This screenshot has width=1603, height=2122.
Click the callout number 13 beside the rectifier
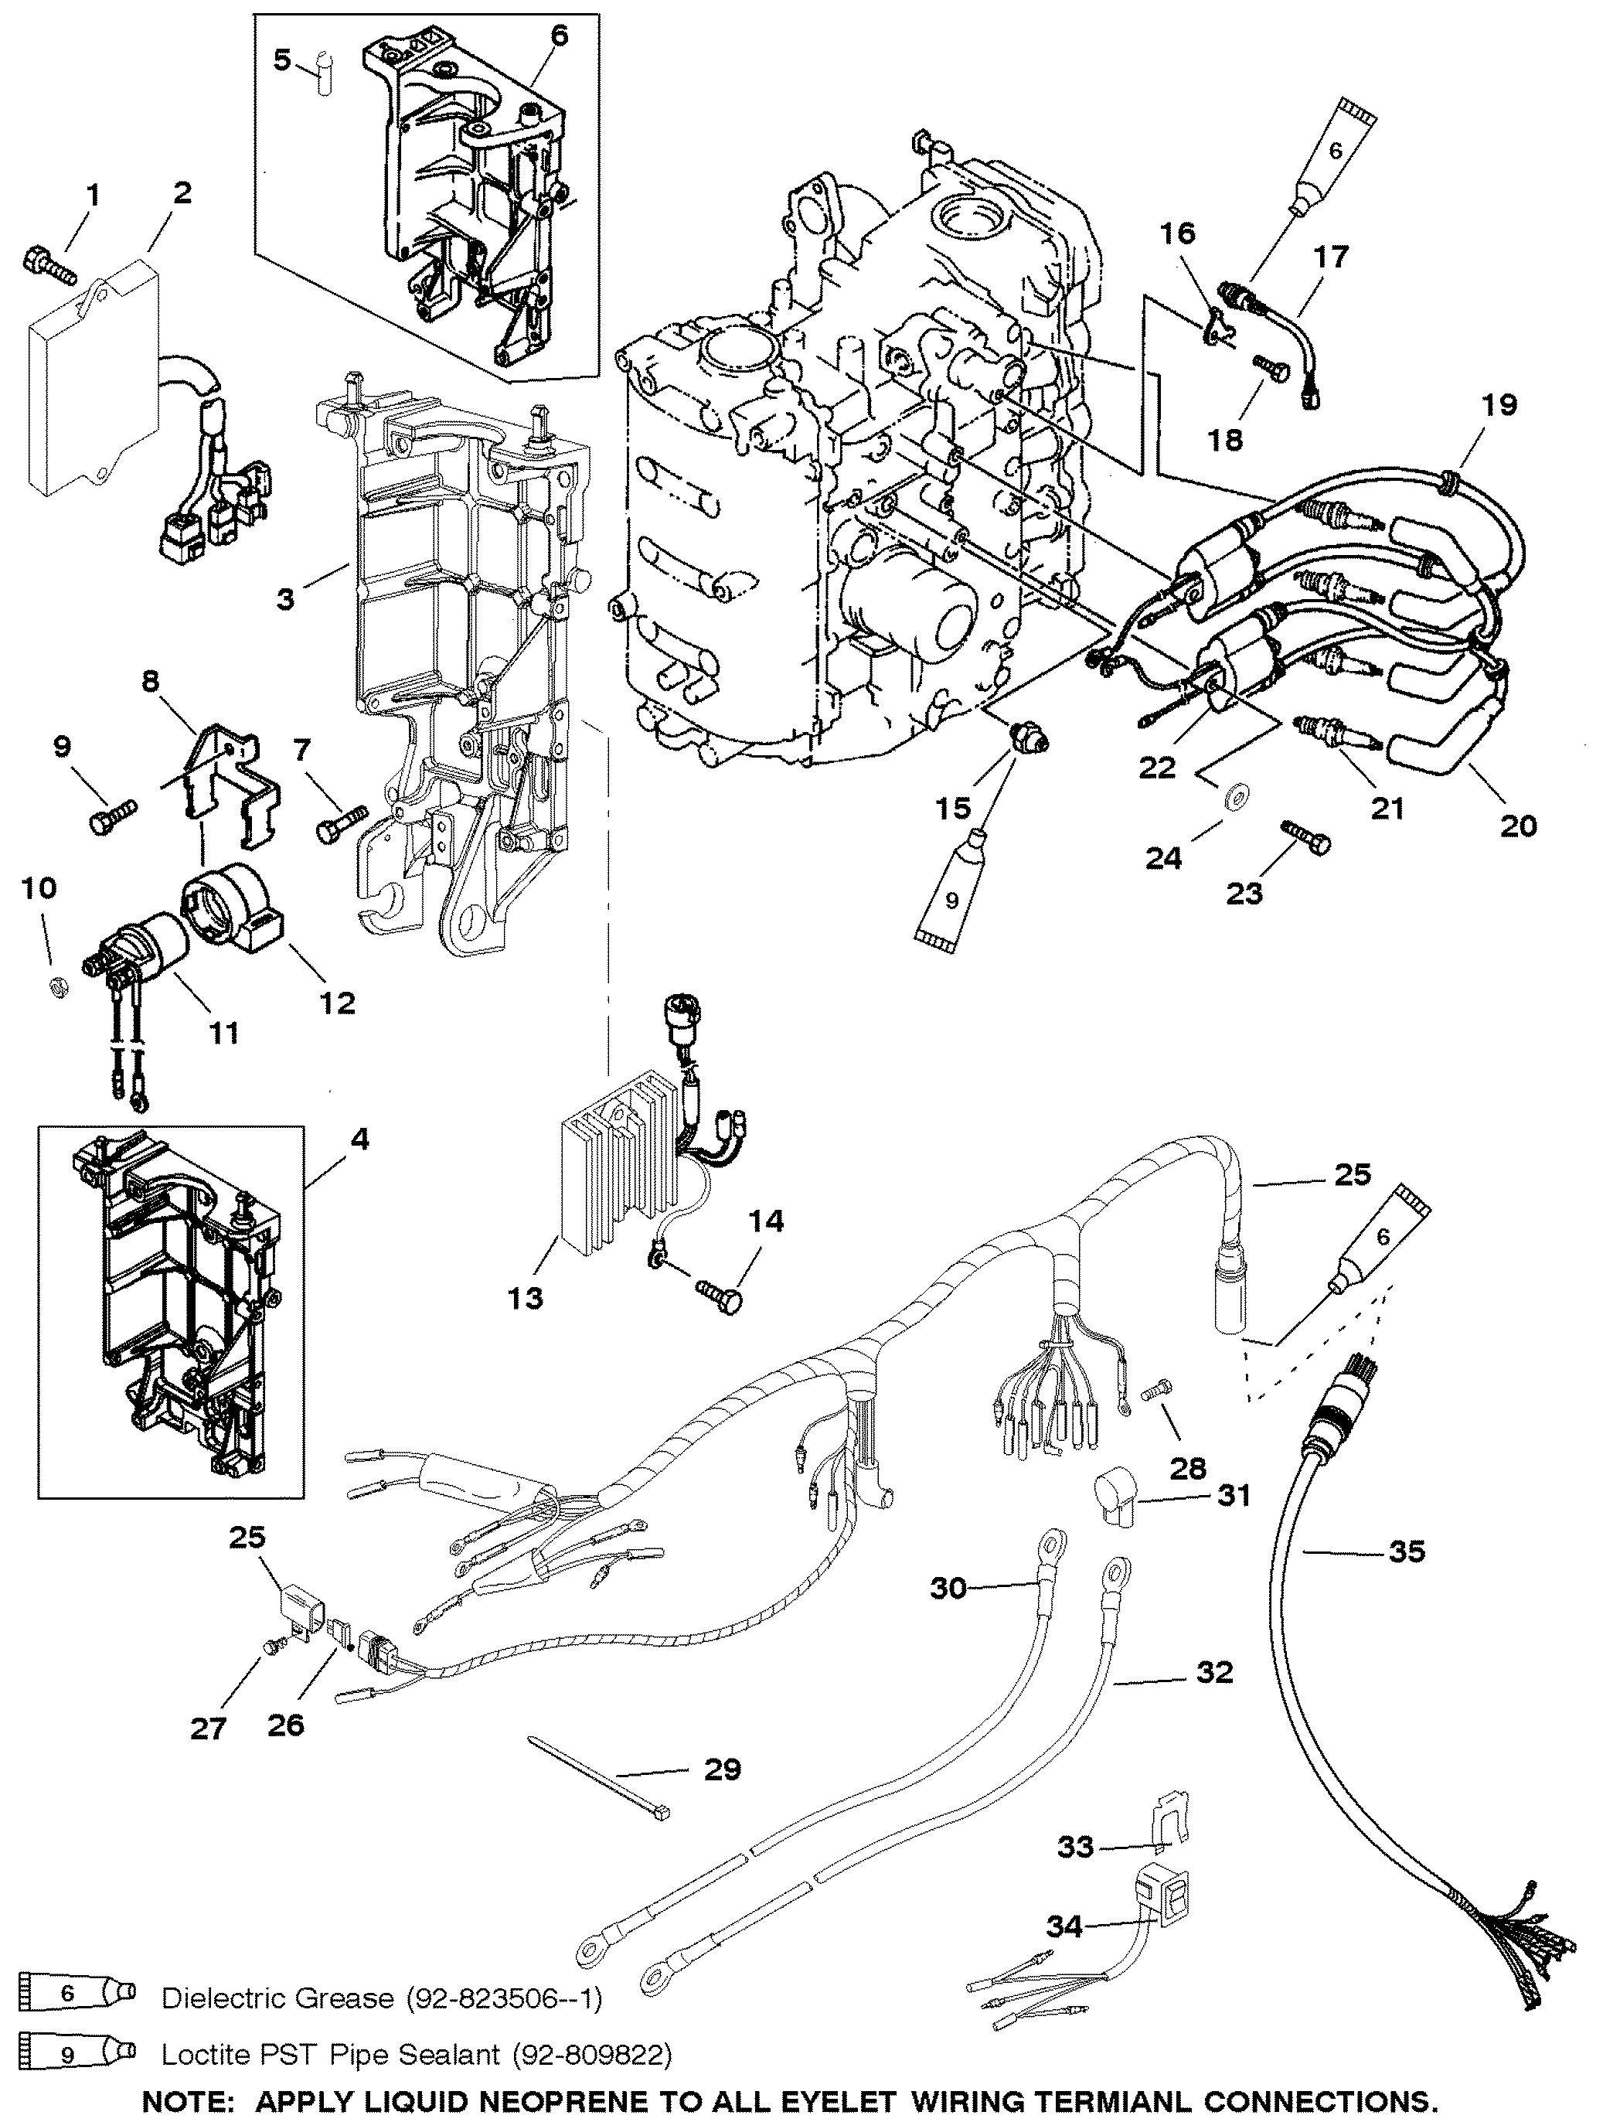click(x=525, y=1298)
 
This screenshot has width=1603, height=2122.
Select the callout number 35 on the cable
click(x=1407, y=1551)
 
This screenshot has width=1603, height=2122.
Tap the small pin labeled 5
click(x=325, y=75)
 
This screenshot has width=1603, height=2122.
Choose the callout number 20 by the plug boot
click(x=1518, y=824)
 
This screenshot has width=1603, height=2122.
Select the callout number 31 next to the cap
click(x=1233, y=1494)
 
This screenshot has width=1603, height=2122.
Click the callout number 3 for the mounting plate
click(x=285, y=601)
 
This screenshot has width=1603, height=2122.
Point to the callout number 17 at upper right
click(x=1331, y=255)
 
